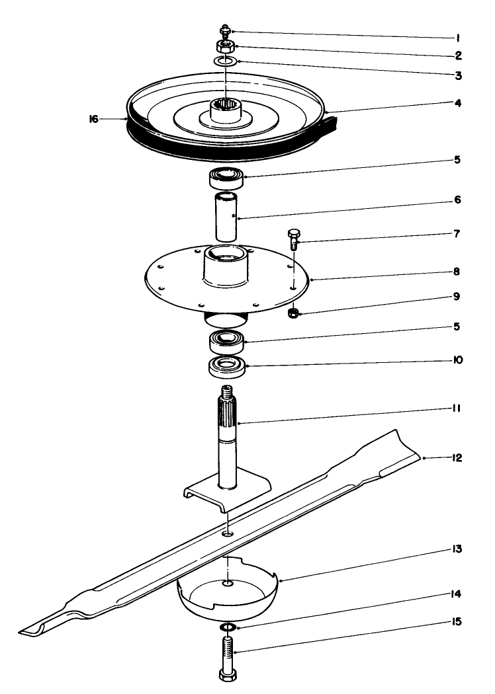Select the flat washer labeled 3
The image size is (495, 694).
pyautogui.click(x=226, y=61)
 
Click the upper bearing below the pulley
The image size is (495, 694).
pyautogui.click(x=227, y=177)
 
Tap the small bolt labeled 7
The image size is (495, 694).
pyautogui.click(x=294, y=238)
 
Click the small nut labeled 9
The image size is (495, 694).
pyautogui.click(x=293, y=313)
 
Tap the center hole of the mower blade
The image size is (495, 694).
pyautogui.click(x=227, y=533)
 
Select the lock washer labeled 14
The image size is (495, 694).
pyautogui.click(x=227, y=626)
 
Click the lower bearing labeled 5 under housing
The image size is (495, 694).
pyautogui.click(x=227, y=341)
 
